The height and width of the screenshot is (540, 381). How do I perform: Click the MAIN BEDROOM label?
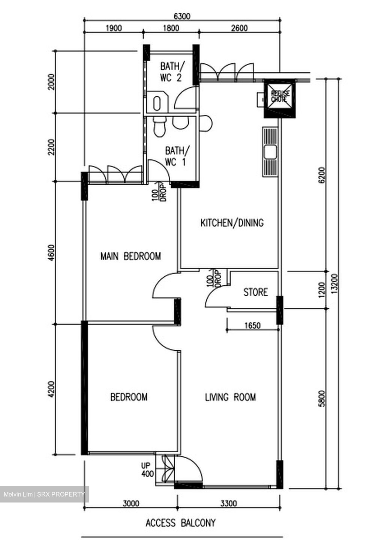130,256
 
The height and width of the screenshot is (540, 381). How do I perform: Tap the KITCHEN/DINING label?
232,223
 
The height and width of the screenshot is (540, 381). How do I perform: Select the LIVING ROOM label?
230,397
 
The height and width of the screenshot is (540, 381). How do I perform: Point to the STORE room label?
255,292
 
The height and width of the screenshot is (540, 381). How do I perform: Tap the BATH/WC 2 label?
172,72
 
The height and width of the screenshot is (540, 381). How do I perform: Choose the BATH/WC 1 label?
177,156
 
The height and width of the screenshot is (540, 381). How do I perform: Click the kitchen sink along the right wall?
270,152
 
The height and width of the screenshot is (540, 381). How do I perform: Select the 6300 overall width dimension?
182,16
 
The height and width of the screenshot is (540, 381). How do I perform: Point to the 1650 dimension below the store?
252,325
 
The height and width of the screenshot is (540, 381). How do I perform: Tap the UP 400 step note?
147,470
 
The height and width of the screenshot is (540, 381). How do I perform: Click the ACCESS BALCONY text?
180,522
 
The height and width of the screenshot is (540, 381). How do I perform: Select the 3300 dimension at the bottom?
228,503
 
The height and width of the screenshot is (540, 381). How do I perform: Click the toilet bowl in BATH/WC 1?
159,127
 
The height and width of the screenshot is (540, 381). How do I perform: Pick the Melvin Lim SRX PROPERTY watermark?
44,494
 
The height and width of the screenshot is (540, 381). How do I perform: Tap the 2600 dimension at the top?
239,28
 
